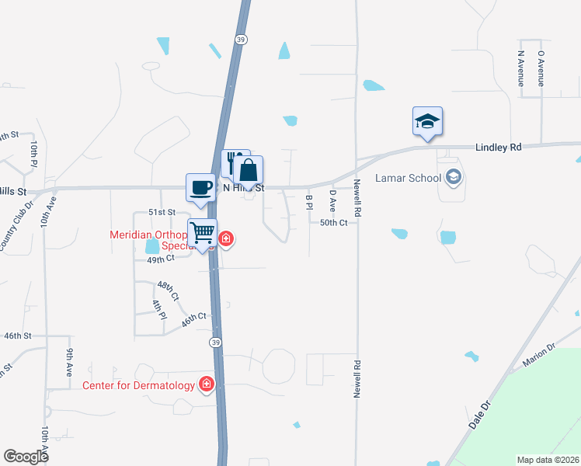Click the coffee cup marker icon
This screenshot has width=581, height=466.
click(x=200, y=187)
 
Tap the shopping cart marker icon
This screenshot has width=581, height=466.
click(x=202, y=232)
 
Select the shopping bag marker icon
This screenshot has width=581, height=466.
click(x=249, y=170)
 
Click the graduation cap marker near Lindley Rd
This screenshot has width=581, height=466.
click(x=427, y=122)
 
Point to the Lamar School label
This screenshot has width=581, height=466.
click(x=408, y=178)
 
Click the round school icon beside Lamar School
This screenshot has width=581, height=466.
click(x=453, y=178)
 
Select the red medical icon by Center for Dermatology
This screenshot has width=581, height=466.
click(x=207, y=384)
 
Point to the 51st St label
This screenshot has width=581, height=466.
click(x=162, y=212)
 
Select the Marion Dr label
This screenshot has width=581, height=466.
click(x=539, y=356)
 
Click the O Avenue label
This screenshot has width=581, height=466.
click(x=541, y=68)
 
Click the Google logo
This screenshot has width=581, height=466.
click(x=26, y=457)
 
